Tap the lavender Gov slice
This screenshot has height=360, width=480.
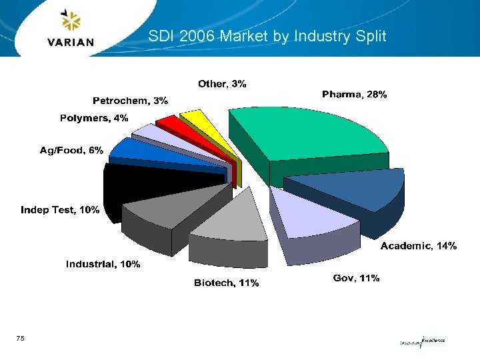pyautogui.click(x=307, y=213)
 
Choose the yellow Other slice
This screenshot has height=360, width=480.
pyautogui.click(x=195, y=120)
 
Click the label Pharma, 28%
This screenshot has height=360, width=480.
pyautogui.click(x=354, y=95)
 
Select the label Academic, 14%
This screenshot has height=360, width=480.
pyautogui.click(x=419, y=247)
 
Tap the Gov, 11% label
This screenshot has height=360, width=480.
pyautogui.click(x=357, y=278)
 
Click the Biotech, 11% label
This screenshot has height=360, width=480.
pyautogui.click(x=227, y=283)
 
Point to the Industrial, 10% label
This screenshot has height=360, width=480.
pyautogui.click(x=103, y=265)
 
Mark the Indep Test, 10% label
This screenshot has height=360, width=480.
pyautogui.click(x=60, y=210)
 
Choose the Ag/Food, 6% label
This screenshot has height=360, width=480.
pyautogui.click(x=71, y=151)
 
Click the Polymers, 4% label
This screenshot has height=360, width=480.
pyautogui.click(x=94, y=119)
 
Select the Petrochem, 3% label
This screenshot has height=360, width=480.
pyautogui.click(x=130, y=101)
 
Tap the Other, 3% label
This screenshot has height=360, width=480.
pyautogui.click(x=222, y=84)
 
